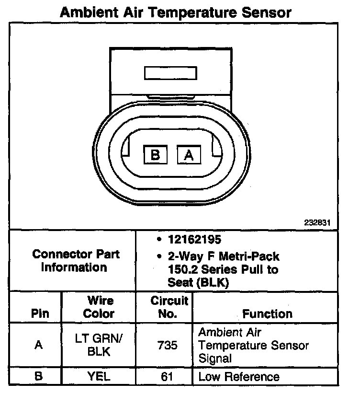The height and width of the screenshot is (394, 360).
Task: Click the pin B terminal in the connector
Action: tap(156, 155)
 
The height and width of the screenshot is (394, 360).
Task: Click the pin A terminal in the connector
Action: tap(189, 155)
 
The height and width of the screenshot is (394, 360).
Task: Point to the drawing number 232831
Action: tap(316, 223)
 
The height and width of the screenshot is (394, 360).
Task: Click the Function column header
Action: tap(267, 314)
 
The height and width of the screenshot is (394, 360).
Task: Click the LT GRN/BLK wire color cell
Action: tap(99, 345)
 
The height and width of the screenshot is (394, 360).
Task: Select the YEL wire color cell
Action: tap(99, 377)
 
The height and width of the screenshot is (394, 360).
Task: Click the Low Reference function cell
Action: tap(238, 377)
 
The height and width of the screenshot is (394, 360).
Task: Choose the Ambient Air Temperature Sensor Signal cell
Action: tap(253, 345)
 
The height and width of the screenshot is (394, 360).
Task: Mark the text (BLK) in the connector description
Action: tap(212, 283)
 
